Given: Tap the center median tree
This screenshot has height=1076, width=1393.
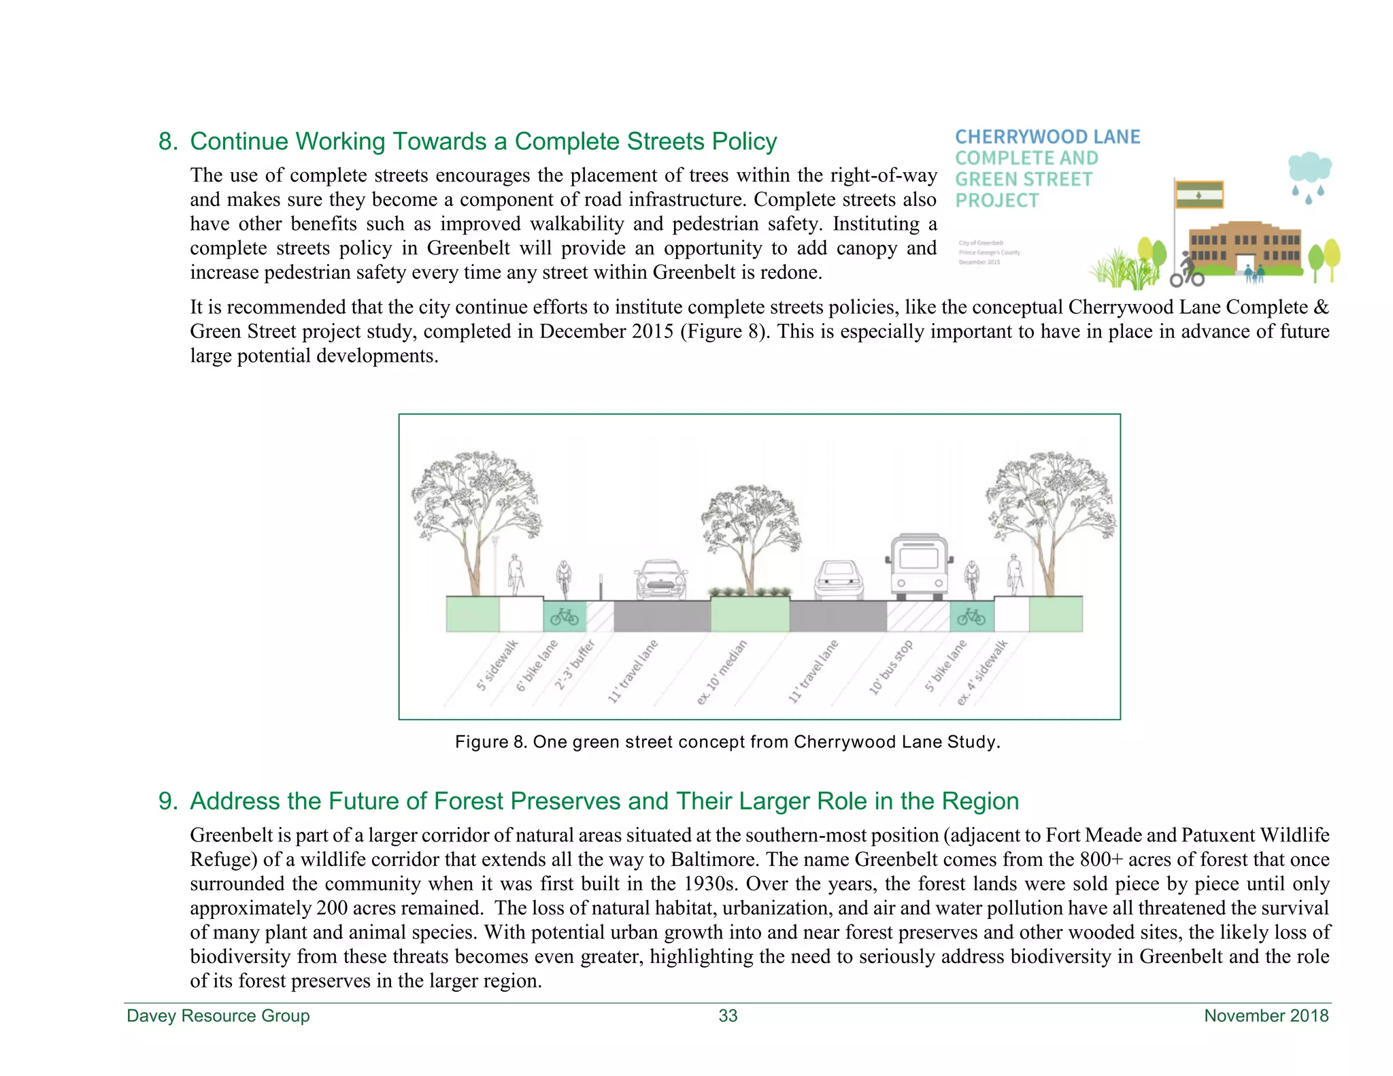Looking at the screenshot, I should [x=751, y=537].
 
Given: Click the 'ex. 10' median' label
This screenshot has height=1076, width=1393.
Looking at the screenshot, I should [x=722, y=672].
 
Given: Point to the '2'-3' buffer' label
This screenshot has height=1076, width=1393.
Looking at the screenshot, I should [x=575, y=665].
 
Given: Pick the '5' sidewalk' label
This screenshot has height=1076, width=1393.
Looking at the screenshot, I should [x=497, y=665].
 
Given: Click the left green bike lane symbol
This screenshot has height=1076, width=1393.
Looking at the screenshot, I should [x=565, y=616].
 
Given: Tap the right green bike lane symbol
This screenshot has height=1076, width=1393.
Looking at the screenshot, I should [x=971, y=616].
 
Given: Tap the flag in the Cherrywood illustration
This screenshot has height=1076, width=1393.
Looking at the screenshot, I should [x=1199, y=195].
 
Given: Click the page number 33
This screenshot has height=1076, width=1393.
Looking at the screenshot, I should [x=728, y=1015].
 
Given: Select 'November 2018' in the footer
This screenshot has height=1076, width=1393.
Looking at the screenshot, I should [x=1266, y=1015].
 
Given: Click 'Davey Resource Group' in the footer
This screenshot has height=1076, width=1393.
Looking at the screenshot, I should [x=218, y=1015].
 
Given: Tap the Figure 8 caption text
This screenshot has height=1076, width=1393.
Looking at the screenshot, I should [x=727, y=741].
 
